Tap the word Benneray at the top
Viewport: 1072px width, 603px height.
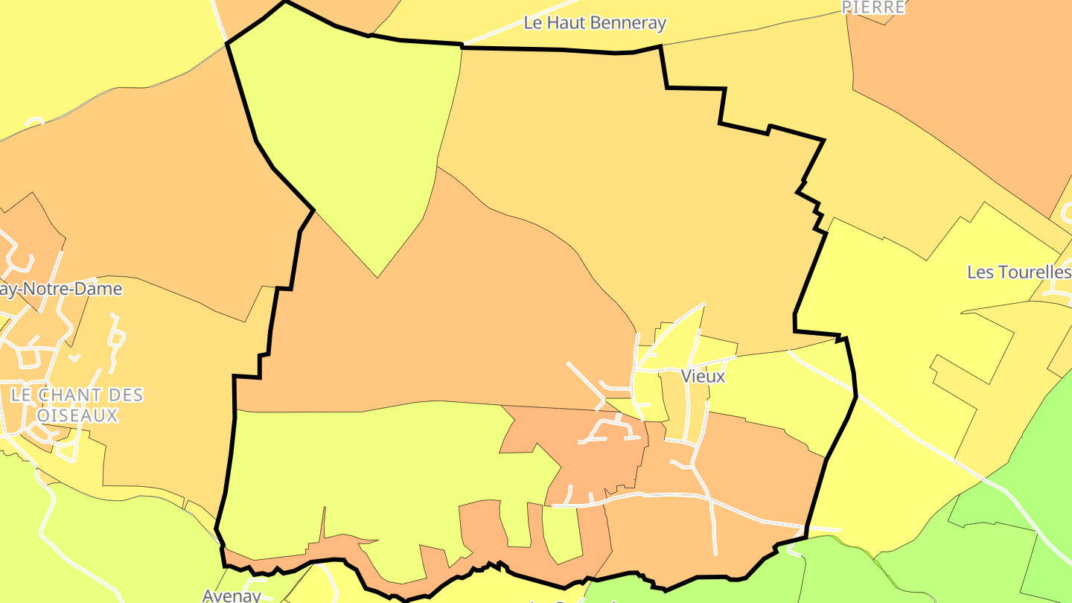(628, 23)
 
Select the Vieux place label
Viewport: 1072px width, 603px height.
(703, 377)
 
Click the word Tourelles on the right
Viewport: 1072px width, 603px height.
(1030, 272)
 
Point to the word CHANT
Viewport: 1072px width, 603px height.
(77, 395)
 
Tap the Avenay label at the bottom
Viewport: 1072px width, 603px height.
(232, 595)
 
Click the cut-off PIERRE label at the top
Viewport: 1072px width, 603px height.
(873, 7)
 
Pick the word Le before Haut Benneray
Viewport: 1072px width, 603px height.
(534, 23)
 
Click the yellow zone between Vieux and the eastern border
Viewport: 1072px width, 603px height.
(774, 387)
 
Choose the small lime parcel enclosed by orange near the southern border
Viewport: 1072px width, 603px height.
(562, 532)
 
